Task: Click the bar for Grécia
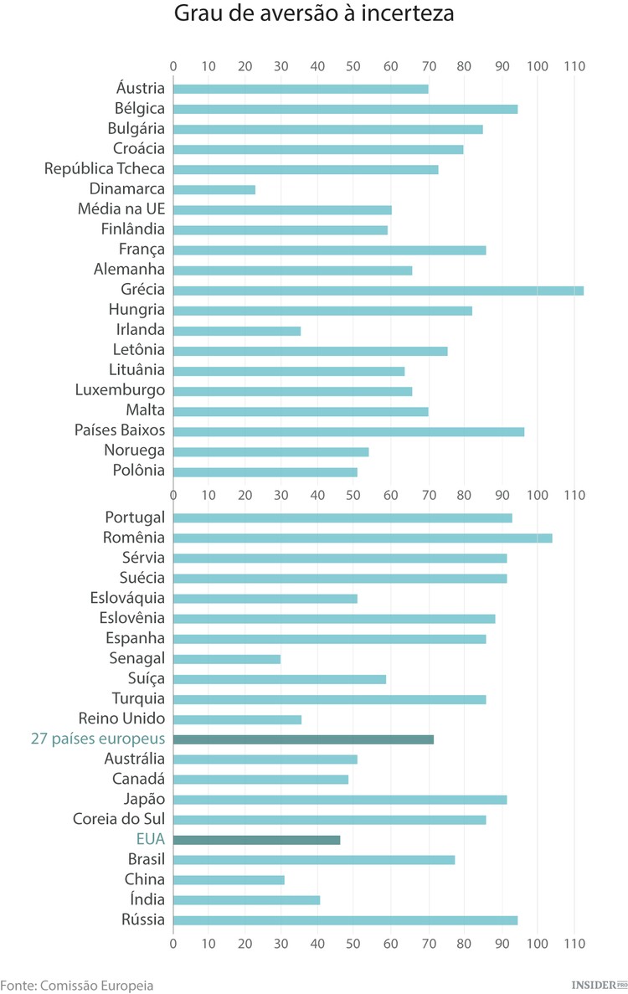click(378, 291)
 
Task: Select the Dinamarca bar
click(214, 190)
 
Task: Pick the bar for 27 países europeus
click(303, 739)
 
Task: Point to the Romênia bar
click(363, 538)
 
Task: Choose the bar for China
click(229, 880)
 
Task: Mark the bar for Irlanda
click(236, 331)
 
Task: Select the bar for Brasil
click(314, 860)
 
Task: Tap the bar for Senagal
click(226, 659)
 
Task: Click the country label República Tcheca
click(105, 169)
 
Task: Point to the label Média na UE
click(121, 209)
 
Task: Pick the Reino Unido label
click(121, 718)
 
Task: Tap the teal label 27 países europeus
click(97, 739)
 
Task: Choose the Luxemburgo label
click(120, 390)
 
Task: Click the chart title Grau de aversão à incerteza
click(314, 15)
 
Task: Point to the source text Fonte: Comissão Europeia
click(77, 985)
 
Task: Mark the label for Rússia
click(143, 920)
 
